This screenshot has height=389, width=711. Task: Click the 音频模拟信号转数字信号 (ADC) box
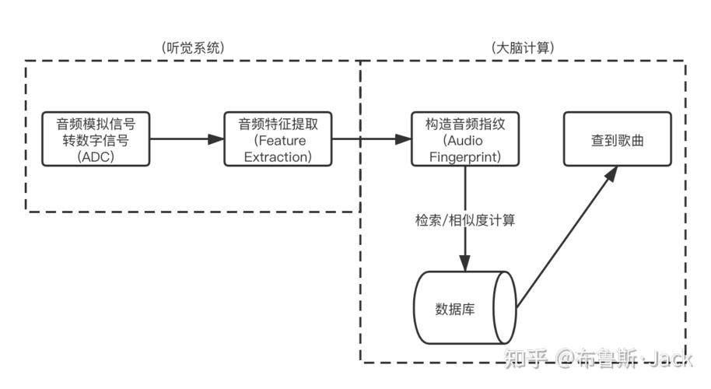coord(95,139)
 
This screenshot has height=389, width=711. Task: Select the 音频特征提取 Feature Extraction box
coord(278,139)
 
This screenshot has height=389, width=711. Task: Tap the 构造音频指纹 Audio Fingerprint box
coord(465,139)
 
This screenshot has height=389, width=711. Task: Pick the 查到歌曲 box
coord(618,139)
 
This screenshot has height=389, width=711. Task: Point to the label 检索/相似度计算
coord(465,220)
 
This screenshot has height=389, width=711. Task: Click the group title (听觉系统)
coord(193,47)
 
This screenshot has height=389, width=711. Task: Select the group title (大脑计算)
coord(523,47)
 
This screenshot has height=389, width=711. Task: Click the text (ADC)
coord(95,156)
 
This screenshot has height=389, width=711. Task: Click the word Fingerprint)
coord(465,156)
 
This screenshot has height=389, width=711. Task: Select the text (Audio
coord(465,140)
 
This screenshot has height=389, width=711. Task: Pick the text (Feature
coord(278,140)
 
